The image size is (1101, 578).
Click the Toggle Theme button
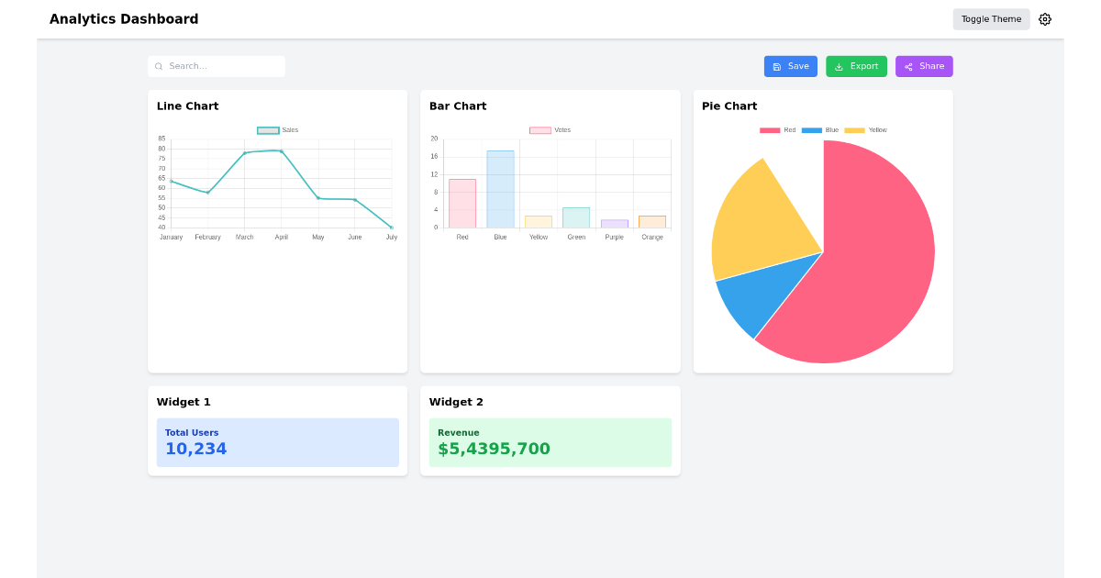[991, 19]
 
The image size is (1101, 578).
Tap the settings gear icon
[1045, 19]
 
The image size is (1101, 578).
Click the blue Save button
[790, 66]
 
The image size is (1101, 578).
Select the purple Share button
[924, 66]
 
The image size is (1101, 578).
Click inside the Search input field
[220, 66]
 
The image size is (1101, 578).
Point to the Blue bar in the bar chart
[500, 189]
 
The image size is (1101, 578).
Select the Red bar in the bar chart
[462, 204]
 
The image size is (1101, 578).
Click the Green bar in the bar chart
[576, 217]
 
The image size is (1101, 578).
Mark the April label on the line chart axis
[282, 238]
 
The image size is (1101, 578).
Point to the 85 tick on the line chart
[161, 139]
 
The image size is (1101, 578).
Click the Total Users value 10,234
[195, 449]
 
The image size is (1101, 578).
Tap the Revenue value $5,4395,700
[494, 449]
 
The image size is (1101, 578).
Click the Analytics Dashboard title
[124, 19]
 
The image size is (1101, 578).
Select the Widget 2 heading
[456, 402]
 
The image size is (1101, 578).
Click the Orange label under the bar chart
[652, 238]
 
